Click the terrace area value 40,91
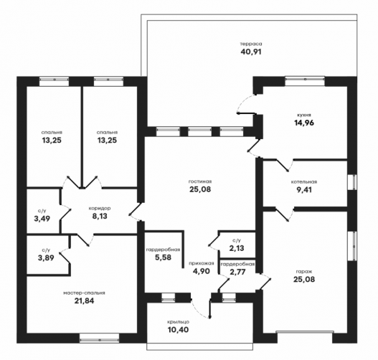point(251,52)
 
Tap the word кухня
point(304,115)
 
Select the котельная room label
point(303,182)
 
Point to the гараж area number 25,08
point(304,280)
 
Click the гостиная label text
point(200,181)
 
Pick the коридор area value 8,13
point(100,216)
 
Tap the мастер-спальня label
point(84,293)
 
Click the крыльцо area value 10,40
point(178,330)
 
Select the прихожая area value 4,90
point(202,271)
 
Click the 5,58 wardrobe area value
point(163,257)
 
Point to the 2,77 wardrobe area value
point(237,272)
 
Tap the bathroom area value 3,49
point(42,219)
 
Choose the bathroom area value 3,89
point(46,258)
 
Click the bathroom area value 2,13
point(237,248)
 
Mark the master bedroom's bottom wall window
point(99,338)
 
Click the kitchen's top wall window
point(305,81)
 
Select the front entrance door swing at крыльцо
point(201,309)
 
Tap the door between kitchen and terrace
point(246,104)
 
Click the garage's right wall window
point(352,246)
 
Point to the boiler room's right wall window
point(352,182)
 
